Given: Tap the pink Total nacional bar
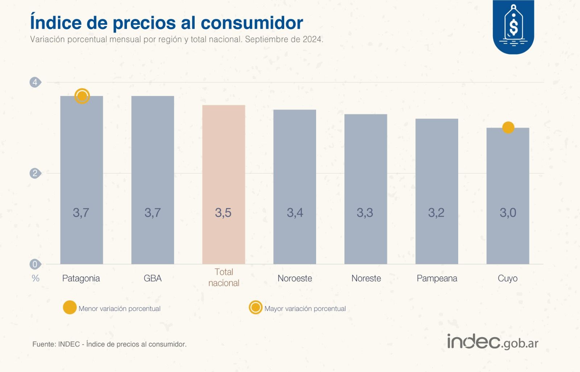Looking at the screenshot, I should [224, 185].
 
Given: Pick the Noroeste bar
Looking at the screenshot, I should [295, 187].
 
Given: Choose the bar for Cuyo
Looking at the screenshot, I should [507, 196].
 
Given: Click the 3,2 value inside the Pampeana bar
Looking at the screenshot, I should [436, 212].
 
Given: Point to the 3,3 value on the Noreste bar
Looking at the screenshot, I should [365, 212].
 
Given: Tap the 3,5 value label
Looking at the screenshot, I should [223, 212].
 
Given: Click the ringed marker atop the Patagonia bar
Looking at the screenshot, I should [82, 96].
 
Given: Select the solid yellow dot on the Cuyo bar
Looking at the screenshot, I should [508, 128].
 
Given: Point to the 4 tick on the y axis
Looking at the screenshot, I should [35, 82].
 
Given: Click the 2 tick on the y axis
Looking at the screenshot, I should [35, 173].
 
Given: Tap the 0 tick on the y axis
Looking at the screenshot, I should [35, 264].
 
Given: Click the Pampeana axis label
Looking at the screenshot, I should [437, 278].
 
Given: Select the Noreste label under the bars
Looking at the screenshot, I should [366, 278].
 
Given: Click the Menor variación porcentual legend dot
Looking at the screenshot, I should [70, 307].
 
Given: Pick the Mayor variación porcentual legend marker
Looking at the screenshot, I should [256, 307].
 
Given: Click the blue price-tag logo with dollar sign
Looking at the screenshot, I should [513, 26].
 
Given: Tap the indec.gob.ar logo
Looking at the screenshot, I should [493, 342].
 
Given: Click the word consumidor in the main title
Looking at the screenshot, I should [252, 22].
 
